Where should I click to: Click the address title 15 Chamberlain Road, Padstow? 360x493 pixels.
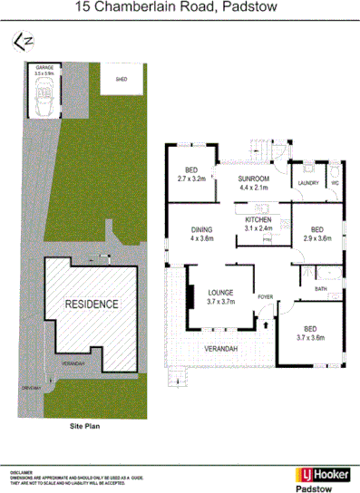coord(180,8)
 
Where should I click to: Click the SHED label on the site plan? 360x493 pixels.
coord(122,80)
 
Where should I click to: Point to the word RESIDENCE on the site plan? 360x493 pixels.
coord(91,304)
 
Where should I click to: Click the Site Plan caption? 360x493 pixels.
coord(88,424)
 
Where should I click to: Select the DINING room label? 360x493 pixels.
coord(201,231)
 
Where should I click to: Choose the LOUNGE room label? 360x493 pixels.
coord(221,292)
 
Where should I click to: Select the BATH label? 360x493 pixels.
coord(321,289)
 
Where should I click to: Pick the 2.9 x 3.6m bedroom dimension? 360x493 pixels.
coord(317,239)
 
